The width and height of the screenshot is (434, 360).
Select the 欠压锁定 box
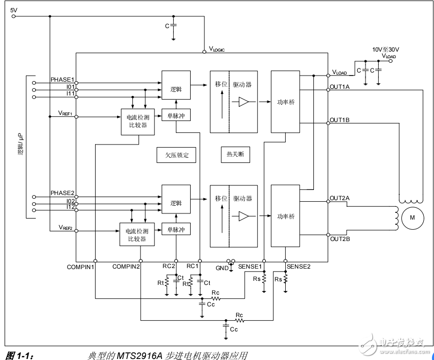click(176, 155)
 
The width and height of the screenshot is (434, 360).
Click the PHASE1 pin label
click(62, 80)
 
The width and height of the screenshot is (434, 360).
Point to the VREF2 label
click(65, 227)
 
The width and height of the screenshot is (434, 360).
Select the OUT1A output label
click(339, 87)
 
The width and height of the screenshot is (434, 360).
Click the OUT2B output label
click(339, 238)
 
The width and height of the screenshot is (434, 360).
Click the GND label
click(222, 268)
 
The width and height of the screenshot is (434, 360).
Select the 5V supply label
click(14, 10)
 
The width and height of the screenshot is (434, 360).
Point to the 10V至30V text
click(385, 50)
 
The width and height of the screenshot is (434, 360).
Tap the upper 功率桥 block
click(285, 102)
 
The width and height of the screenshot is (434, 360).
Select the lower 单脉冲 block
click(176, 230)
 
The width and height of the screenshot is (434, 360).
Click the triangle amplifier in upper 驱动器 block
click(244, 102)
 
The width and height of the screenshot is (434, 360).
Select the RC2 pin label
click(169, 267)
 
